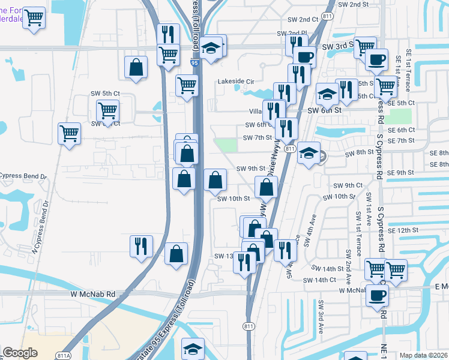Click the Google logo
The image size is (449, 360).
click(20, 353)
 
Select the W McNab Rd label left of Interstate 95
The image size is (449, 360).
click(92, 294)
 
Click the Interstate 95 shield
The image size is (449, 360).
click(193, 61)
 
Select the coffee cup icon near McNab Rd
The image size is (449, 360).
click(377, 296)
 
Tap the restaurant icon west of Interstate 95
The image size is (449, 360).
click(141, 246)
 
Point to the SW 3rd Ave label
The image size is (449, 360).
click(321, 317)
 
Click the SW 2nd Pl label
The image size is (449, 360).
click(292, 34)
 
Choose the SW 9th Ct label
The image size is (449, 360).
click(348, 185)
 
